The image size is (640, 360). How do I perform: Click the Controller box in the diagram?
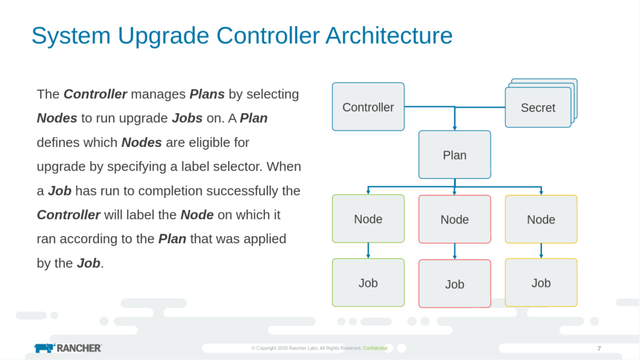pyautogui.click(x=368, y=107)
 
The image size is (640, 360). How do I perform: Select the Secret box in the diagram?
pyautogui.click(x=537, y=107)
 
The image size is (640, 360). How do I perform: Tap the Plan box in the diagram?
pyautogui.click(x=454, y=155)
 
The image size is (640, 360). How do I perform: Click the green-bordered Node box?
pyautogui.click(x=368, y=219)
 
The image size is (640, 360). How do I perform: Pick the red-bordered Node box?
pyautogui.click(x=454, y=219)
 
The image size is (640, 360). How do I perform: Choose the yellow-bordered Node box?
pyautogui.click(x=541, y=219)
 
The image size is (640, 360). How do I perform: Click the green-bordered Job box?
pyautogui.click(x=368, y=282)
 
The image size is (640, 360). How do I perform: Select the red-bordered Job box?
pyautogui.click(x=454, y=284)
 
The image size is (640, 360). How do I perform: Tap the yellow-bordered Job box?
pyautogui.click(x=541, y=282)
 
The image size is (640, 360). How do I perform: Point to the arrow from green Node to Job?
pyautogui.click(x=368, y=251)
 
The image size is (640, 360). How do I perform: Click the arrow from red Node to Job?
pyautogui.click(x=454, y=251)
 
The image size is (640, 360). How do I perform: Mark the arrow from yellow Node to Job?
pyautogui.click(x=541, y=251)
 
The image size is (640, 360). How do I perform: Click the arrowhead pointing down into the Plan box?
pyautogui.click(x=454, y=126)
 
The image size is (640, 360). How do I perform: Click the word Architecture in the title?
pyautogui.click(x=389, y=36)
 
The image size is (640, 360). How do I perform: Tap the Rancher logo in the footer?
pyautogui.click(x=67, y=347)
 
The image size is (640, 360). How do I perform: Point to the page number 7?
pyautogui.click(x=599, y=348)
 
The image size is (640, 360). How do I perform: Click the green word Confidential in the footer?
pyautogui.click(x=375, y=348)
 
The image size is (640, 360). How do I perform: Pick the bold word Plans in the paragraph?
pyautogui.click(x=207, y=94)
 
